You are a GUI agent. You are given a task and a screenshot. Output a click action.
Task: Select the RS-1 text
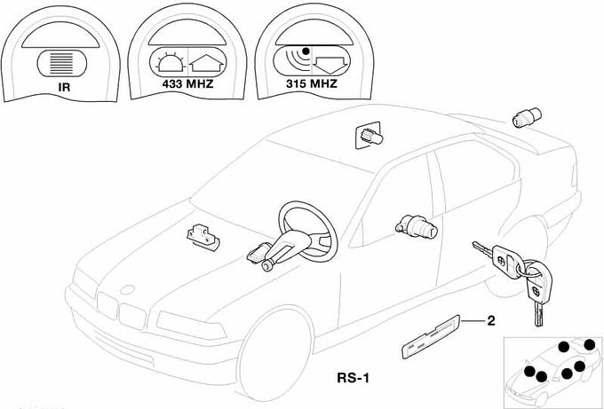click(353, 377)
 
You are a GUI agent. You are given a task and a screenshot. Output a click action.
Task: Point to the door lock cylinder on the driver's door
click(417, 226)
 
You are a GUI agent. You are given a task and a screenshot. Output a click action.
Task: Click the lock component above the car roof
click(367, 136)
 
